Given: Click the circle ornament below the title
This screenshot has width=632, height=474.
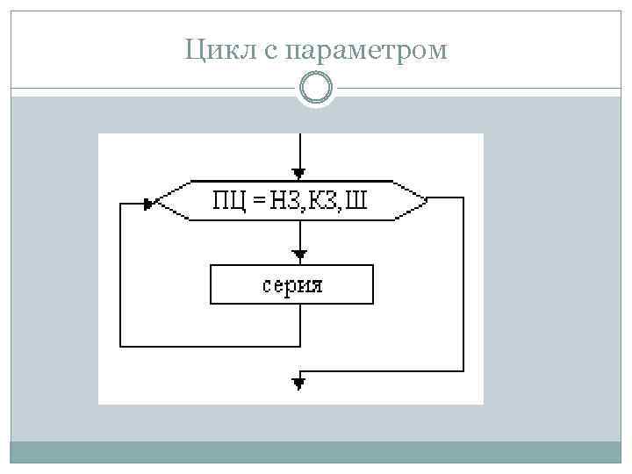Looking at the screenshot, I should click(315, 89).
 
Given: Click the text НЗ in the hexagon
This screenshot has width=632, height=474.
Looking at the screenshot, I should click(283, 201).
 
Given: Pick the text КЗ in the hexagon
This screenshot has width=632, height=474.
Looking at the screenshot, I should click(321, 201).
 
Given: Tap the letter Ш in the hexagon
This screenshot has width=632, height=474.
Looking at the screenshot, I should click(355, 201).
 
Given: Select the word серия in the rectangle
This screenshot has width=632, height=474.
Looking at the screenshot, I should click(291, 285).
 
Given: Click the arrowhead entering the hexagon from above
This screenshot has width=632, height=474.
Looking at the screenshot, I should click(300, 173).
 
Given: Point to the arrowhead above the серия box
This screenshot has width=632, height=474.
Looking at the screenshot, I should click(300, 255).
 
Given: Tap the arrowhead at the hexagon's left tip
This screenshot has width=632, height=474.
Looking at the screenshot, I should click(150, 202).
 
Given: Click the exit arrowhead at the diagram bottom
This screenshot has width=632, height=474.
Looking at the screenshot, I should click(300, 383).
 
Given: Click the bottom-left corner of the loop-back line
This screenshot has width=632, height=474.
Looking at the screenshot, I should click(120, 345).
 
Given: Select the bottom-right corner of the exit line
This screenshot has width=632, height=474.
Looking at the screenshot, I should click(462, 371).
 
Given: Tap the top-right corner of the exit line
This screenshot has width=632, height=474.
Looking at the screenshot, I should click(462, 199).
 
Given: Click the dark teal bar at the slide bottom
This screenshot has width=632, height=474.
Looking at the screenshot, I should click(315, 452).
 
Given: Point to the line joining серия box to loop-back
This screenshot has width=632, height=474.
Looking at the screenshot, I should click(300, 325).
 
